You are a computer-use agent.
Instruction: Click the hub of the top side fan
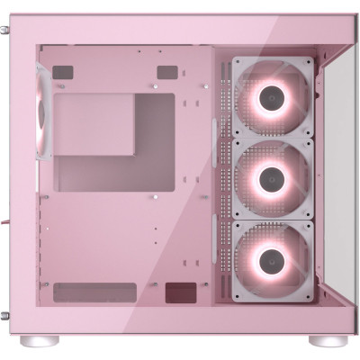273,99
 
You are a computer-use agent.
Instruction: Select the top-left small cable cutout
62,72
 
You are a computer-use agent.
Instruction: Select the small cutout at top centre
166,72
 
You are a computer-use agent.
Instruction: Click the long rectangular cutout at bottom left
94,292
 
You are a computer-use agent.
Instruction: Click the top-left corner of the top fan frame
235,61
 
